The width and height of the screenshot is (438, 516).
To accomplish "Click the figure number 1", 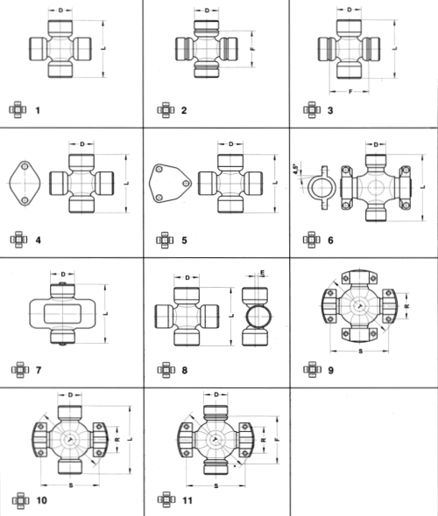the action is (38, 110).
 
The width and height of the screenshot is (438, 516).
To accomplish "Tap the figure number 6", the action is (330, 241).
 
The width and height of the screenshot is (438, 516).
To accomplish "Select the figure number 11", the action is (187, 500).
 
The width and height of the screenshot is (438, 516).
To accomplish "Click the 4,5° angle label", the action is (296, 169).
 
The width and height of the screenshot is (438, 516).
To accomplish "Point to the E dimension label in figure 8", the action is (262, 273).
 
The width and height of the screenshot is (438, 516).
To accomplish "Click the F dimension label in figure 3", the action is (350, 92).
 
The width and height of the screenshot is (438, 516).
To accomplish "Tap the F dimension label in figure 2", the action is (253, 49).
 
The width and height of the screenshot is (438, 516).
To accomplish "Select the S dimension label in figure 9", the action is (361, 352).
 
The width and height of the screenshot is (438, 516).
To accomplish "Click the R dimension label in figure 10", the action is (117, 439).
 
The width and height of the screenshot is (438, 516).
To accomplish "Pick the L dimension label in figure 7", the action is (106, 314).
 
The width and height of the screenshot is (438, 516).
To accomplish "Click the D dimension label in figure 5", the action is (230, 144).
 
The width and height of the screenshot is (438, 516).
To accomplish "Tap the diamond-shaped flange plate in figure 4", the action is (25, 184).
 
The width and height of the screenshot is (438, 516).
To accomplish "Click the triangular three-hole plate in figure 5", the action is (170, 184).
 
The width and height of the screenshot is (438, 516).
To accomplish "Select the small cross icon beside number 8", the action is (166, 370).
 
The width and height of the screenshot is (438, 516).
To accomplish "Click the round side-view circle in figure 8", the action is (258, 317).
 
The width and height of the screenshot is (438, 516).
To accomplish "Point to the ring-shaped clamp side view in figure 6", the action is (322, 187).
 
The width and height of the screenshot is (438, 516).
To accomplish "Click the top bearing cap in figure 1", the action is (60, 27).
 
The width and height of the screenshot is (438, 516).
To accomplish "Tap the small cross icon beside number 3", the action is (312, 110).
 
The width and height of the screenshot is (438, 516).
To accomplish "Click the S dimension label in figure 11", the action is (216, 486).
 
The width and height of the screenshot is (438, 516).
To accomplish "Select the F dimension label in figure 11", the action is (277, 439).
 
